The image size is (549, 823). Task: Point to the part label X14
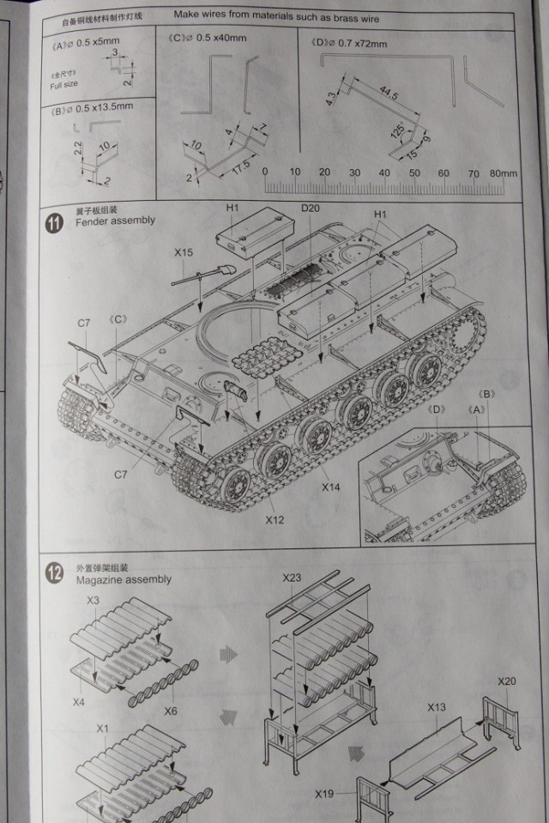pyautogui.click(x=332, y=487)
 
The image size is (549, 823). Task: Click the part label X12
pyautogui.click(x=274, y=519)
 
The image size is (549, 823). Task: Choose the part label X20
pyautogui.click(x=507, y=681)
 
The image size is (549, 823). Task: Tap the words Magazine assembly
pyautogui.click(x=123, y=579)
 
